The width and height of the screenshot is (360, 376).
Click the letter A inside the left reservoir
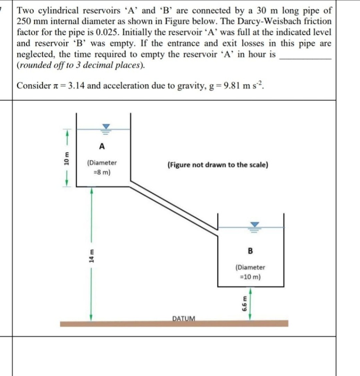pos(102,146)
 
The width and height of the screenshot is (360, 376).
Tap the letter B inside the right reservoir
pos(250,251)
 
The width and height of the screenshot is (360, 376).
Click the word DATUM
pos(184,318)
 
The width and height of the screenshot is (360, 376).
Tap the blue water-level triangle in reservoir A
pos(106,127)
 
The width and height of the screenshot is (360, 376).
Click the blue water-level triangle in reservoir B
pos(255,225)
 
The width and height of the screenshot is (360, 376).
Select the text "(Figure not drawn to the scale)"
pos(218,165)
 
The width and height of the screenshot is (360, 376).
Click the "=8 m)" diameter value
pos(102,173)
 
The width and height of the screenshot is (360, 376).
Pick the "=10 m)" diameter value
pos(250,277)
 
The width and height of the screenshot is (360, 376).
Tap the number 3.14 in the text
pos(76,86)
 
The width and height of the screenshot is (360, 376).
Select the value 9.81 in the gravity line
pos(231,86)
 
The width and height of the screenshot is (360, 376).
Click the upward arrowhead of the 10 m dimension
pos(67,133)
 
